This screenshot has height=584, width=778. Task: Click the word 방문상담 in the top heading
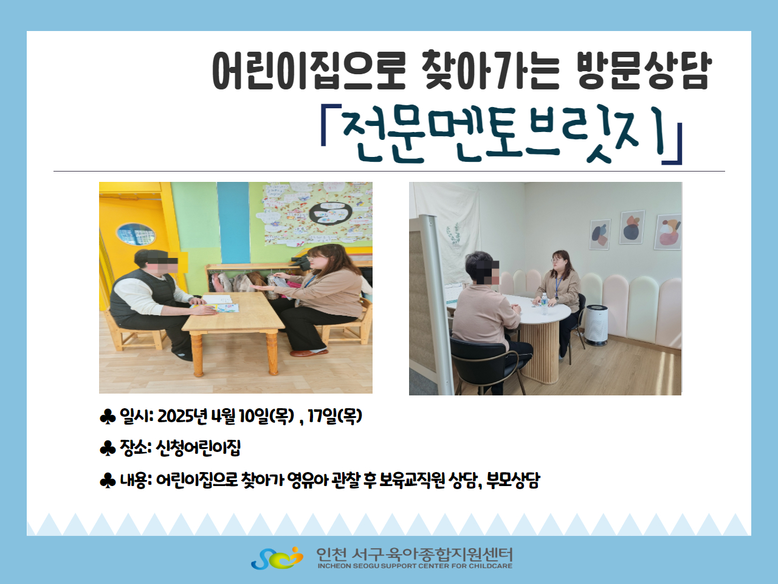[x=644, y=70]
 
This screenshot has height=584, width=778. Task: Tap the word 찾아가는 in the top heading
[x=491, y=70]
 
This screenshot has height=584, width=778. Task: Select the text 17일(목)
[x=335, y=416]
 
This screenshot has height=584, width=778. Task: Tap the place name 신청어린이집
[x=199, y=448]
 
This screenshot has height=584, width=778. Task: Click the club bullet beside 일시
[x=108, y=417]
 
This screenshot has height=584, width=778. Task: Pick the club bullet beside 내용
[x=108, y=481]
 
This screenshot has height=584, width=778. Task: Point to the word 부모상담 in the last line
[x=513, y=481]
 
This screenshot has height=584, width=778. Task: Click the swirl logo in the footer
[x=277, y=558]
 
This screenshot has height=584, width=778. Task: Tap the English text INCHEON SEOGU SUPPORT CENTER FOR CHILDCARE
[x=415, y=566]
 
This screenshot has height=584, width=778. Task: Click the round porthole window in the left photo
[x=136, y=234]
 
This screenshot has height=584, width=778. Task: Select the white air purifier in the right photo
[x=596, y=325]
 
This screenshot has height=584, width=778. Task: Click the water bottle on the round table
[x=544, y=304]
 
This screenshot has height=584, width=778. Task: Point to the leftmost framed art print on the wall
[x=600, y=234]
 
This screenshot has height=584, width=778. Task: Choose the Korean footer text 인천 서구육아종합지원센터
[x=415, y=554]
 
